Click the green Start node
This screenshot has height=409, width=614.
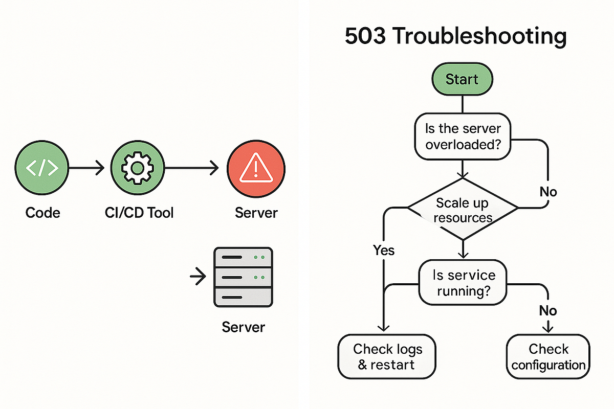coord(462,80)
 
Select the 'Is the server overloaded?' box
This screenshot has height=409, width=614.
coord(463,135)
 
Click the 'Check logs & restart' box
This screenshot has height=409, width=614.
coord(387,357)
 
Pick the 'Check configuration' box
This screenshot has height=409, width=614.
coord(548,357)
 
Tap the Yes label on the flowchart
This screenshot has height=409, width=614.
coord(384,250)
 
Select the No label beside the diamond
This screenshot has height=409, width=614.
coord(548,192)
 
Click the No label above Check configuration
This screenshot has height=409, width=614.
coord(548,310)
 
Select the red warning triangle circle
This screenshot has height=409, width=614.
coord(256,168)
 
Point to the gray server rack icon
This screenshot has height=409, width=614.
coord(243,277)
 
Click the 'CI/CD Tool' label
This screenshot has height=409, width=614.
coord(136,212)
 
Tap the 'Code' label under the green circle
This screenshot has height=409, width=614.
coord(42,212)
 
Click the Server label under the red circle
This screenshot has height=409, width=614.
coord(256,212)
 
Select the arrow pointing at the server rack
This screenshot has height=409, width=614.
coord(197,277)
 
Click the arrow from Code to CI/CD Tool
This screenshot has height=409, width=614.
coord(87,168)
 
